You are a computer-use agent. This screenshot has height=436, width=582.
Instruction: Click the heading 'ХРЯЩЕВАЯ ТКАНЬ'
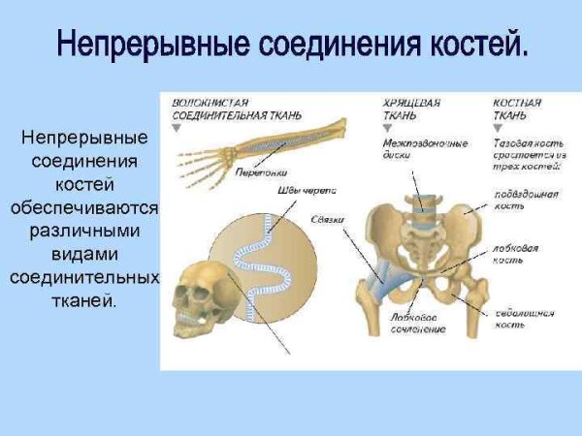(x=405, y=108)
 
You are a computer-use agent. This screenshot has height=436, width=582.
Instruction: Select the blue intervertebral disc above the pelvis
(x=423, y=204)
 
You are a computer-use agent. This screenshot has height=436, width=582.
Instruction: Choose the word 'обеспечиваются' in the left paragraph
(x=84, y=206)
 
